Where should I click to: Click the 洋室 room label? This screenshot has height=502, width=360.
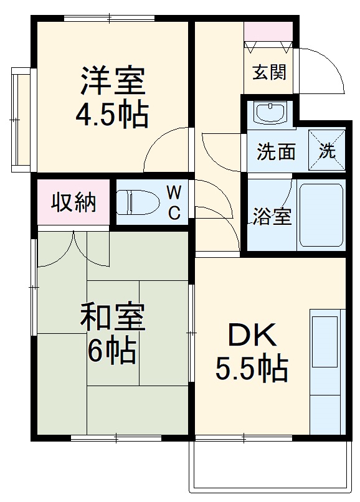click(x=113, y=80)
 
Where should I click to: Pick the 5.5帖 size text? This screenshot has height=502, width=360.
click(x=252, y=369)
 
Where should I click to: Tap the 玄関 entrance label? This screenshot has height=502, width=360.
click(x=269, y=72)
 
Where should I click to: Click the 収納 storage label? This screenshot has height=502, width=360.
click(x=73, y=202)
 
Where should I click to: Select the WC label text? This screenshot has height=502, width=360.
click(x=174, y=202)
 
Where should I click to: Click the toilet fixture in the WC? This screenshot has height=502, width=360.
click(x=140, y=202)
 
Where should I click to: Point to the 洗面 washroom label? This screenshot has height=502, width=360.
click(x=276, y=151)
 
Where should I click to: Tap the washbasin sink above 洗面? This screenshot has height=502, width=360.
click(x=270, y=113)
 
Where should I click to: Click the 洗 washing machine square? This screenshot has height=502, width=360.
click(x=328, y=150)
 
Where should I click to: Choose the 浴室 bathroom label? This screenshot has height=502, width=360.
click(x=272, y=217)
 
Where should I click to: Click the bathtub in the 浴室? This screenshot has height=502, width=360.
click(x=321, y=215)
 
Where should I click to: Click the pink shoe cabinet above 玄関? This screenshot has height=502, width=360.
click(x=268, y=31)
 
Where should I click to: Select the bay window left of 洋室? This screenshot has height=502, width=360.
click(x=20, y=118)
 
